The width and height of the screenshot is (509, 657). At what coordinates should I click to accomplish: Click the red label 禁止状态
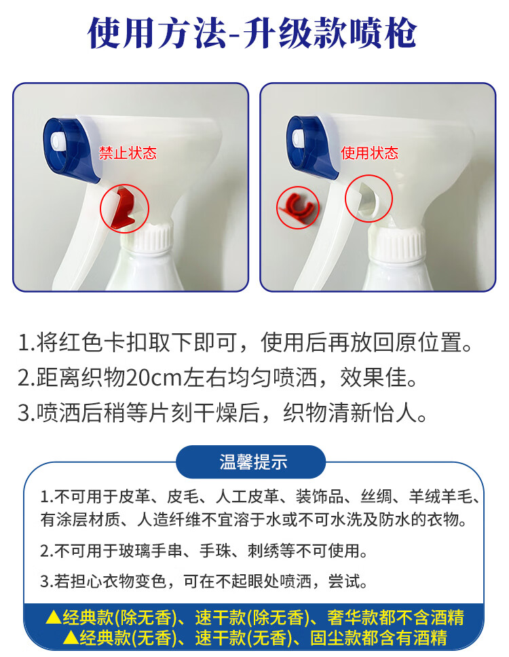[128, 153]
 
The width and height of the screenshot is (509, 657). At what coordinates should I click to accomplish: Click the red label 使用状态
[369, 153]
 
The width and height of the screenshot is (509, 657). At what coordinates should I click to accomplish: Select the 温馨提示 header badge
[251, 462]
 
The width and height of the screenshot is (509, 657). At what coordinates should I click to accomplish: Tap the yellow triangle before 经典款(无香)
[71, 637]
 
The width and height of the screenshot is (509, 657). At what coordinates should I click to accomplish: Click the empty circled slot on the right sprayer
[369, 198]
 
